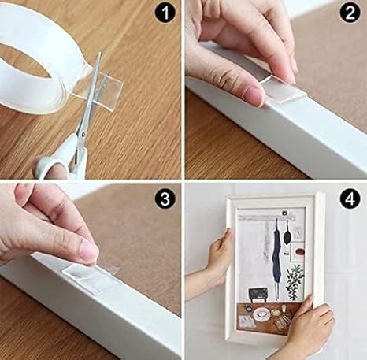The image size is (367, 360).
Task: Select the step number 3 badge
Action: tap(165, 199)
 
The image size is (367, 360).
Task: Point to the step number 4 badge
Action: tap(350, 199)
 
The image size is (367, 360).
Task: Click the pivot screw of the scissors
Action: tap(83, 135)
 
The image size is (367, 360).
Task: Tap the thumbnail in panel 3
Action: tap(89, 251)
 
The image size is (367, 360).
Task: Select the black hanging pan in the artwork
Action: tap(287, 236)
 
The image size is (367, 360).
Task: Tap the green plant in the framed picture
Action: tap(295, 281)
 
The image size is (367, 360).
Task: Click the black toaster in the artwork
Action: tap(258, 295)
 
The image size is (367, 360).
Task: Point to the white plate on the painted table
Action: tap(261, 314)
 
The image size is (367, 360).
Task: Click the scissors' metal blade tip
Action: tap(99, 53)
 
